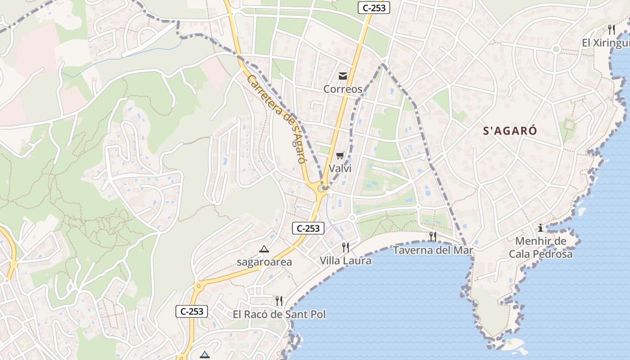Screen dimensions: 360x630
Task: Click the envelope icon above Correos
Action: click(343, 76)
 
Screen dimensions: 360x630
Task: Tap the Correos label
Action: click(343, 89)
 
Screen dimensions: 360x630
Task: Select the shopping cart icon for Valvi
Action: click(340, 156)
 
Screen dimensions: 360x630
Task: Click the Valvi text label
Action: click(340, 169)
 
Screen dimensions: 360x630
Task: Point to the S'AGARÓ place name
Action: click(510, 131)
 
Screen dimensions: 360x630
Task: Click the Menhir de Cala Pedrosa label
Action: click(540, 247)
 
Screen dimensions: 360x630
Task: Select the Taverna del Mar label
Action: click(433, 250)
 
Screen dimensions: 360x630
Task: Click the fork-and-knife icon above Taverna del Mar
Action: click(433, 236)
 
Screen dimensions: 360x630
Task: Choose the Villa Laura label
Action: click(346, 261)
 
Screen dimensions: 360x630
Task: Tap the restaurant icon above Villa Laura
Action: click(346, 247)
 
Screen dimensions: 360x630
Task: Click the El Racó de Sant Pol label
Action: click(279, 314)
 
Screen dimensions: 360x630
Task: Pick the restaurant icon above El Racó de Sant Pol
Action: click(279, 301)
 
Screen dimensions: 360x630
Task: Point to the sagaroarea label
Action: click(264, 262)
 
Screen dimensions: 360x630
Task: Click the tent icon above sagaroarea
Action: click(264, 249)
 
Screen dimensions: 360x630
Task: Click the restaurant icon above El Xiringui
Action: click(612, 30)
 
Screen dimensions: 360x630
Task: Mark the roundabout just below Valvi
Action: click(322, 189)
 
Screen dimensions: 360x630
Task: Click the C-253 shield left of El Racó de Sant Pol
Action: click(192, 311)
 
